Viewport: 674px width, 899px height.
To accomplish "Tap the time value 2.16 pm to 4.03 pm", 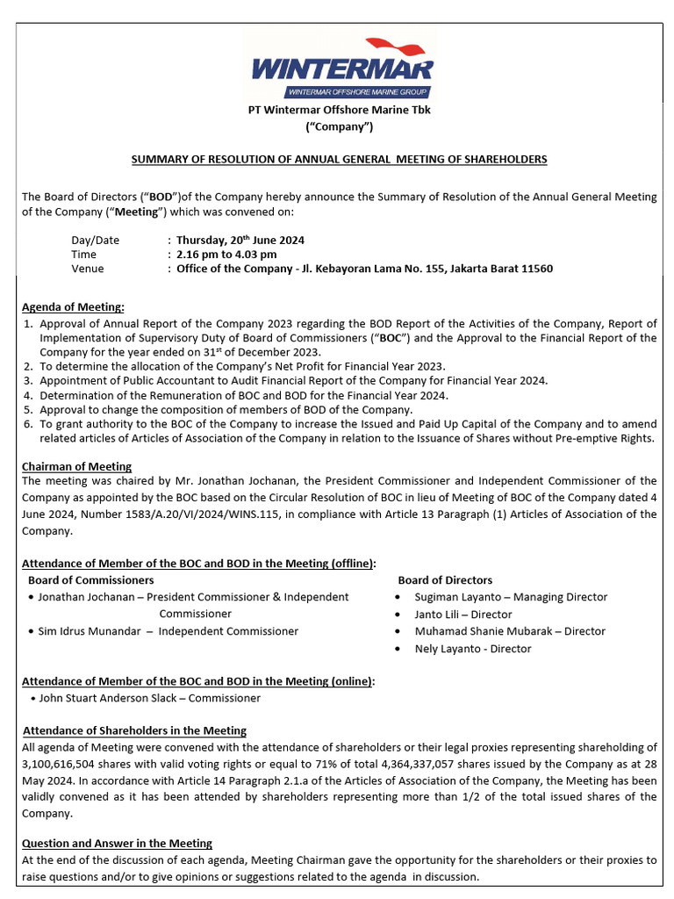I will [226, 255].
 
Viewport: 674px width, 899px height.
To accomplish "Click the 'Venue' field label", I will [87, 269].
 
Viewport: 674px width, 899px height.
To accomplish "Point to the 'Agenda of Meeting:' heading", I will [73, 306].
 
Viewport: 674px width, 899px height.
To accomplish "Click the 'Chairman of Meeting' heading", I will [76, 466].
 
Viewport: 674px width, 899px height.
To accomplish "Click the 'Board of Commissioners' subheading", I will [91, 580].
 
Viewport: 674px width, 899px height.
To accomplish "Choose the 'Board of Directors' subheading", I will [445, 580].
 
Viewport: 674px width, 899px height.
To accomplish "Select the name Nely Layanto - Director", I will [473, 649].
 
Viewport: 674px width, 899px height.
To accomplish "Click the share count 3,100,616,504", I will [61, 764].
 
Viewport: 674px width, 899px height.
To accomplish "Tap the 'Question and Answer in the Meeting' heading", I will [117, 843].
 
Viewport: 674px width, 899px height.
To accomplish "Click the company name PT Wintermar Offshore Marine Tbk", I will [338, 110].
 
